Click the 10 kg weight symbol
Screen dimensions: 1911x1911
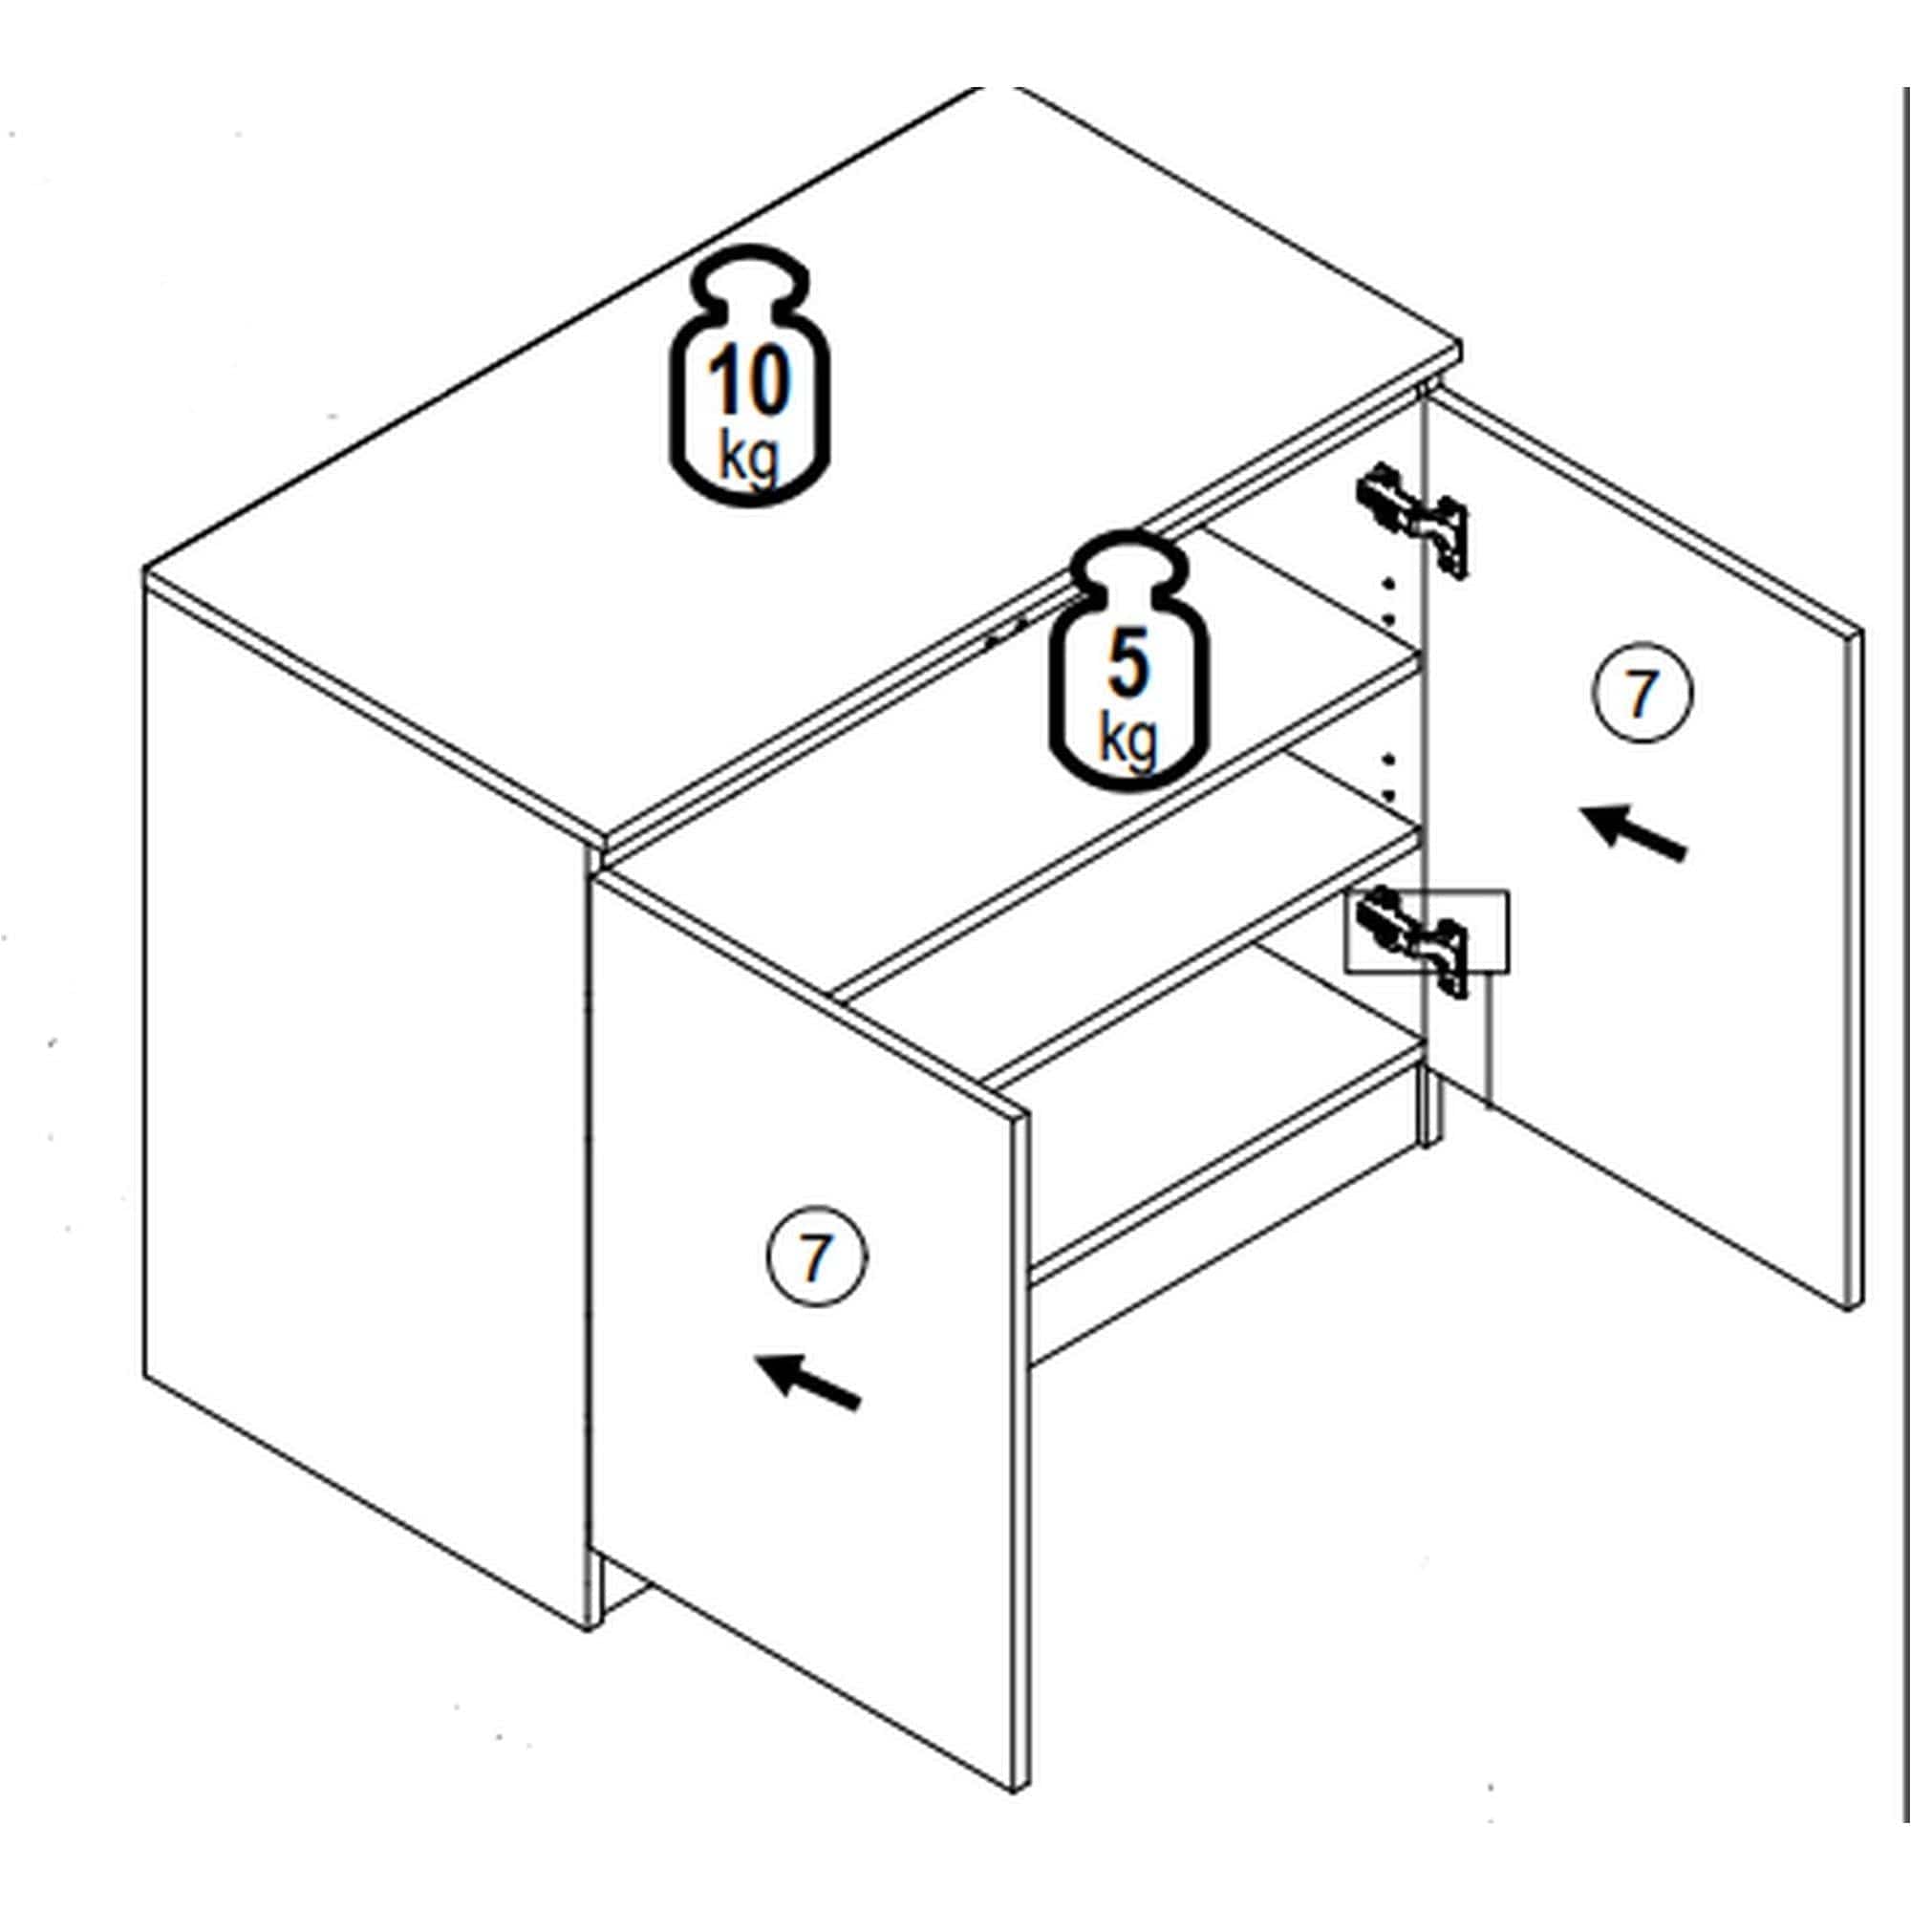(x=751, y=375)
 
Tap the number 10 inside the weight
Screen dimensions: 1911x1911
(x=750, y=382)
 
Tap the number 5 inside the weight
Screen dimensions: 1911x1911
(x=1128, y=665)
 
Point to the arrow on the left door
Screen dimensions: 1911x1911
(x=807, y=1381)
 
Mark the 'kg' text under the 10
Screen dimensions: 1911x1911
(x=749, y=456)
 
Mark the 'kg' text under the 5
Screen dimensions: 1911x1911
(x=1127, y=739)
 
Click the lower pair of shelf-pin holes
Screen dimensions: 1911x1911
(x=1387, y=777)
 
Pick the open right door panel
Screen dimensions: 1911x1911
(x=1642, y=850)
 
